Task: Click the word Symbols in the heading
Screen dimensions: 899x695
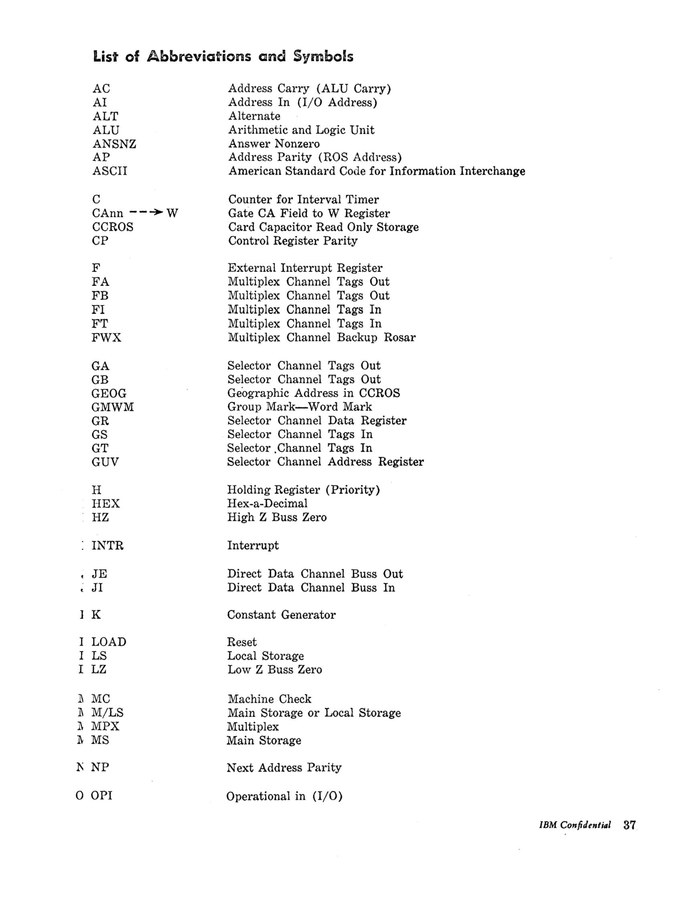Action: (323, 56)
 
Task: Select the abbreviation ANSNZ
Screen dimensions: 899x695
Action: (114, 144)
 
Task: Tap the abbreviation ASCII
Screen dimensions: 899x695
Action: (109, 171)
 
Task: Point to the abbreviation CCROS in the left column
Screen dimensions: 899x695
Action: (112, 227)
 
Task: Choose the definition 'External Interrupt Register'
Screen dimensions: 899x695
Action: (305, 268)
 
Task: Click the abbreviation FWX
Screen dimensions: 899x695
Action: (106, 338)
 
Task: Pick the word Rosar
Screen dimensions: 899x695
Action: (399, 338)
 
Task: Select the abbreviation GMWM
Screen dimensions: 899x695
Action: (112, 407)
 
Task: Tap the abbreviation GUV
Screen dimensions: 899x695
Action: (105, 462)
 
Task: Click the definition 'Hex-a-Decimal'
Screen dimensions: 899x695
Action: (267, 504)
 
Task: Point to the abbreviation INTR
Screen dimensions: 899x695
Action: (107, 546)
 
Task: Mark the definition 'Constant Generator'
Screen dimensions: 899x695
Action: (281, 615)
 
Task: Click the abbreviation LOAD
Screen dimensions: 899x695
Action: (109, 642)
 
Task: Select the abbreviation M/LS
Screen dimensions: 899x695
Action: (107, 713)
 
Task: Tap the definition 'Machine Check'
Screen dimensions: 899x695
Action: (269, 699)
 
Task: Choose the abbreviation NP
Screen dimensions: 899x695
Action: (100, 767)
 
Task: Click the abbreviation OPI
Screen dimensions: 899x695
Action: (101, 795)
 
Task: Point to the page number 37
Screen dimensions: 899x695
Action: (630, 825)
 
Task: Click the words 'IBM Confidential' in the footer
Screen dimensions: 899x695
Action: (575, 825)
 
